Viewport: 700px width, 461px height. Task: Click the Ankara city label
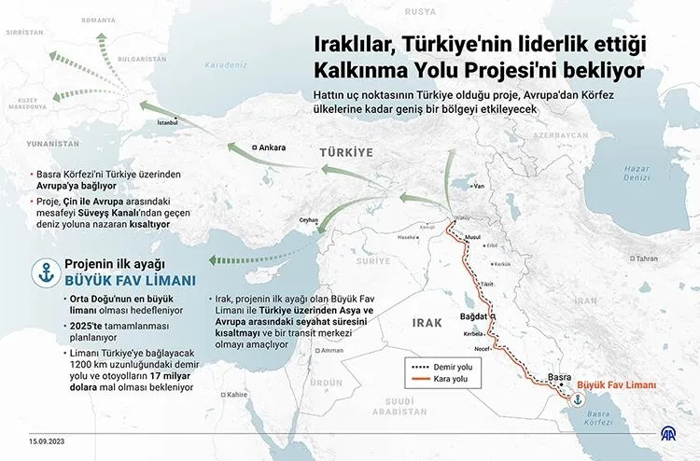point(272,147)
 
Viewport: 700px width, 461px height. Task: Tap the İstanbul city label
point(168,122)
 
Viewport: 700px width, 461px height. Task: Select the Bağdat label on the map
point(475,317)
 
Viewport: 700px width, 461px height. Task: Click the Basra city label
point(559,377)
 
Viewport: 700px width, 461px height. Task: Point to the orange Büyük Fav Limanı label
point(617,384)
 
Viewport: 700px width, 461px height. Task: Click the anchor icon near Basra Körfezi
point(578,399)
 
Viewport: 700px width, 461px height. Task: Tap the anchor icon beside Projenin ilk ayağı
point(43,272)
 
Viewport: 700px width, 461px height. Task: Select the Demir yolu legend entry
point(452,367)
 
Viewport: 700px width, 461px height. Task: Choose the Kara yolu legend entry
point(451,380)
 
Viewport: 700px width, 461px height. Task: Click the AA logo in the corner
point(669,435)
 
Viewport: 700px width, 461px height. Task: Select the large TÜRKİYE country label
point(345,151)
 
